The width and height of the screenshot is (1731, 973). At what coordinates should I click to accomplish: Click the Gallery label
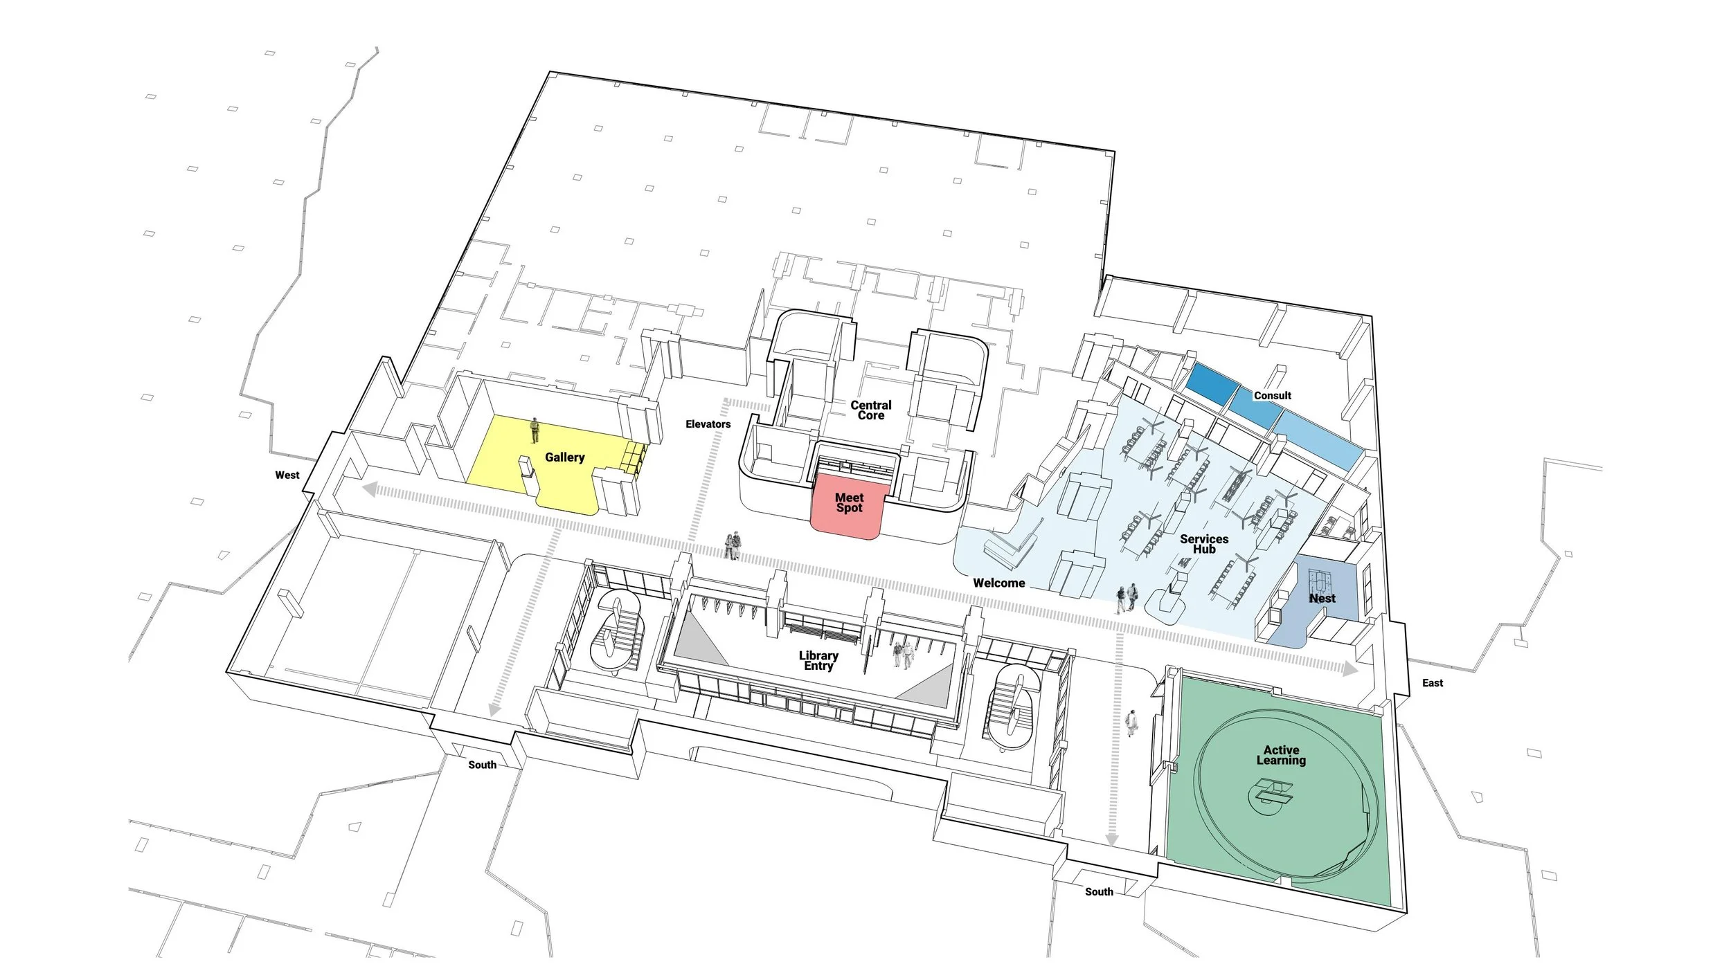[564, 457]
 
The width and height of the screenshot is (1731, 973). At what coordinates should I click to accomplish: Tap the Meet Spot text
[849, 502]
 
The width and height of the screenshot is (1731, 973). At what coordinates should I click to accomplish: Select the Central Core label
[871, 410]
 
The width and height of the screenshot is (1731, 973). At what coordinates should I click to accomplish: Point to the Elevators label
[708, 424]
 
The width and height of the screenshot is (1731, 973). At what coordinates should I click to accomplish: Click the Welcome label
[998, 583]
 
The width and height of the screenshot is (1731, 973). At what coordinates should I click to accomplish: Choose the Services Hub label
[1204, 544]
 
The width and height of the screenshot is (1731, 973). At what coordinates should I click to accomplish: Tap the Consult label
[1272, 396]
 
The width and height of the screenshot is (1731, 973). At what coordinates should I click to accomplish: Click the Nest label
[1322, 599]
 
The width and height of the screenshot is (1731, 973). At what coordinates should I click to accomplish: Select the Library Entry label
[818, 661]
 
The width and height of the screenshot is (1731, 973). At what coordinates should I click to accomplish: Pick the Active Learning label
[1281, 755]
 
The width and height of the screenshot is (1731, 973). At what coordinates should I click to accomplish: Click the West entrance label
[287, 475]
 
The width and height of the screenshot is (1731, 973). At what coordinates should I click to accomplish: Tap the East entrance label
[1432, 683]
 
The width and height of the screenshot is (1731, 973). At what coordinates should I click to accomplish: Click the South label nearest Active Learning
[1099, 892]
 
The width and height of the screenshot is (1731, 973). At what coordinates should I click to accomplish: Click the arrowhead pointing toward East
[1349, 669]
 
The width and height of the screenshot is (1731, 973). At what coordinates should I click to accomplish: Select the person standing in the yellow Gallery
[535, 430]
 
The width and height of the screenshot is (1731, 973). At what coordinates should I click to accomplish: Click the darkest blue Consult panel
[1212, 383]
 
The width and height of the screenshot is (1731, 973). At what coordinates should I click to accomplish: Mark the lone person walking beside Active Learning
[1131, 722]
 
